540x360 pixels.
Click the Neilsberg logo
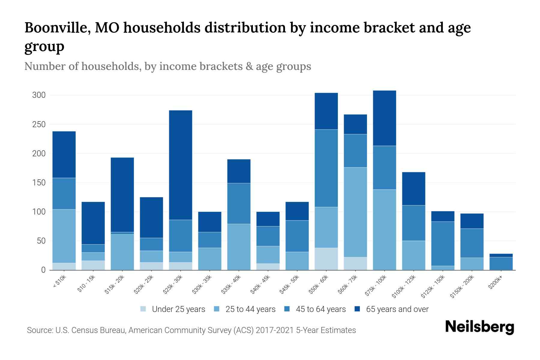click(479, 327)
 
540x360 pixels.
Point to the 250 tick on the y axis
click(39, 124)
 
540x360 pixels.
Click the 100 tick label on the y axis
click(39, 212)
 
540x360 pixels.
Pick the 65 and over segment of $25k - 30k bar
click(181, 165)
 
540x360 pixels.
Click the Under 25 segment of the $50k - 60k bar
click(326, 259)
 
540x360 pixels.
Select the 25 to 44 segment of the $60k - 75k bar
click(355, 212)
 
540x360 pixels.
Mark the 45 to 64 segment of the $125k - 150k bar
click(443, 244)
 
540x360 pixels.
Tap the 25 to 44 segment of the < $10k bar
click(64, 236)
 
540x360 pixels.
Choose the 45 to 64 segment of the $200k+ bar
click(501, 263)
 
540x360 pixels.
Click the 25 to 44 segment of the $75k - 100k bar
click(384, 229)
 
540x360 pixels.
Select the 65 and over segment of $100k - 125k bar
click(413, 189)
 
